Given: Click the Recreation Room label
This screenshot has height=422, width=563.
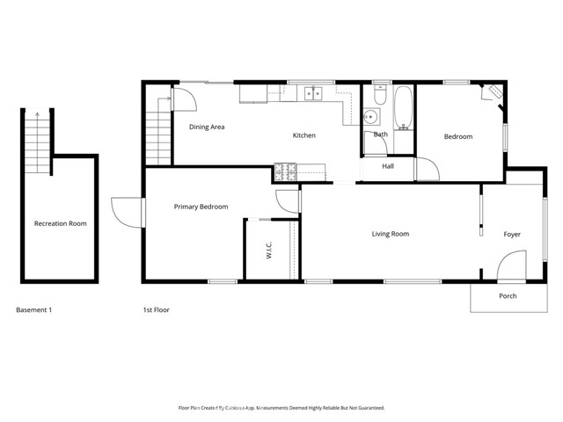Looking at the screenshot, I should (61, 223).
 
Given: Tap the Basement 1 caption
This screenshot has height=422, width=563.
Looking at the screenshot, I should (35, 309).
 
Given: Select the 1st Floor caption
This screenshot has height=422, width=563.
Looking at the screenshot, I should (157, 309).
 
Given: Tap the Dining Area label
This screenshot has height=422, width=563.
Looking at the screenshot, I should (208, 127).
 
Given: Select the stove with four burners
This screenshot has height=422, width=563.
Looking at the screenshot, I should (287, 171).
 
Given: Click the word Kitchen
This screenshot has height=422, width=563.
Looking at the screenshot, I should (304, 135).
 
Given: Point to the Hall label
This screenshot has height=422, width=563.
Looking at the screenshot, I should (388, 165).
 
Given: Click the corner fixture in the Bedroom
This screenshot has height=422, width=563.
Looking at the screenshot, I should (491, 94).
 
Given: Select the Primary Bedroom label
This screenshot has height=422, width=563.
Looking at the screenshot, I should (201, 207).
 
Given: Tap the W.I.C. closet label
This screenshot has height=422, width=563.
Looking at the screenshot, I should (268, 251).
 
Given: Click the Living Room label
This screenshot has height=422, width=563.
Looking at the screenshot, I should (391, 234).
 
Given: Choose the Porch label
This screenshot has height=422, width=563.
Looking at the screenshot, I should (508, 295).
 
